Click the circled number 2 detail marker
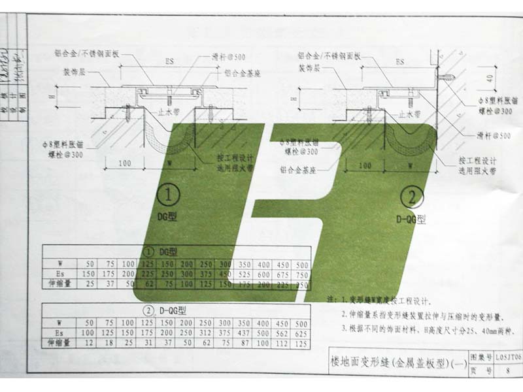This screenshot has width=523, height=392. (x=412, y=195)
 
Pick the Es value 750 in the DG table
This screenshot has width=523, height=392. (x=303, y=274)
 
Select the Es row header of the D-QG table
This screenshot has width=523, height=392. (x=59, y=334)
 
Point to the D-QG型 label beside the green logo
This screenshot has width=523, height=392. (x=411, y=220)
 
